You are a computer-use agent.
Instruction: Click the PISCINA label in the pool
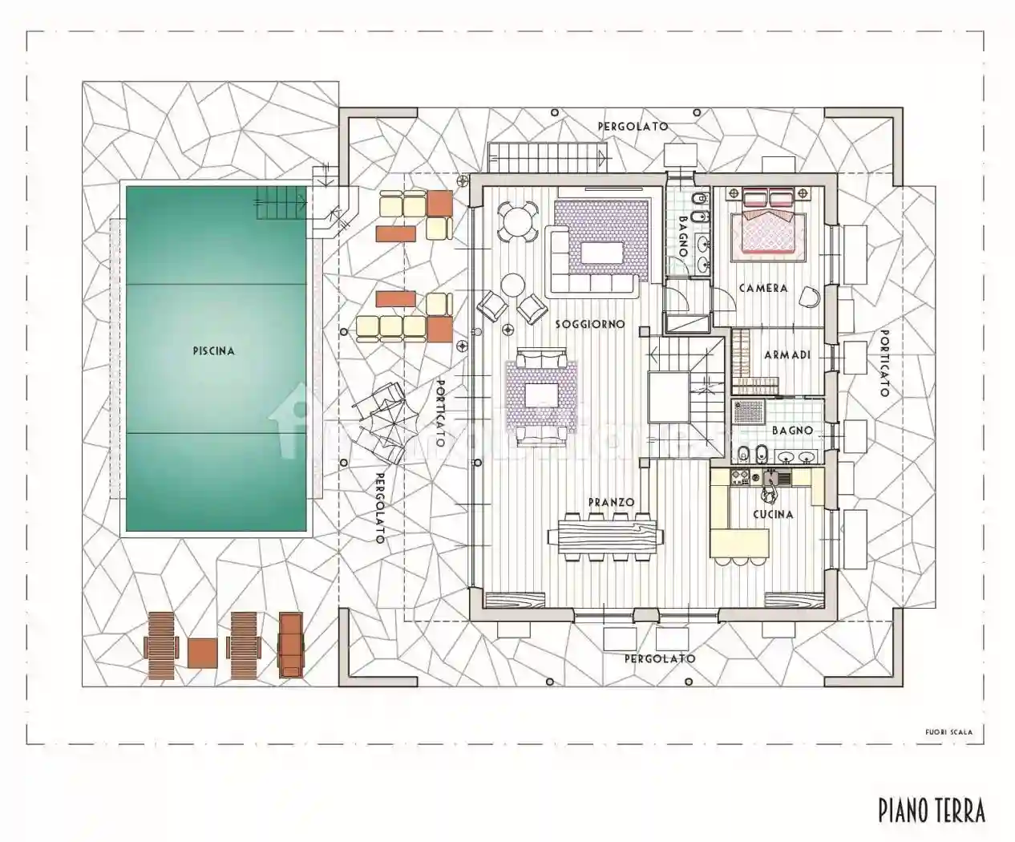(214, 351)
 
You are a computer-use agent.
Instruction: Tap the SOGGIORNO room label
(589, 325)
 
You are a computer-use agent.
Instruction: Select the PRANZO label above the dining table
(611, 503)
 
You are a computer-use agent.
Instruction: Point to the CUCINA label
(773, 514)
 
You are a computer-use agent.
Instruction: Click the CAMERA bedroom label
(763, 288)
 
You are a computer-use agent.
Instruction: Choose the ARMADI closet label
(787, 354)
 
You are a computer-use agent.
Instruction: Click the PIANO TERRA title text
(931, 810)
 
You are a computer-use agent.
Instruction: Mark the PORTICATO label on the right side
(884, 363)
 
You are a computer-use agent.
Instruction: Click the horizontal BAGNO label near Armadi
(792, 431)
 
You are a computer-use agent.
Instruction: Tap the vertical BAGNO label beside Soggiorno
(683, 236)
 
